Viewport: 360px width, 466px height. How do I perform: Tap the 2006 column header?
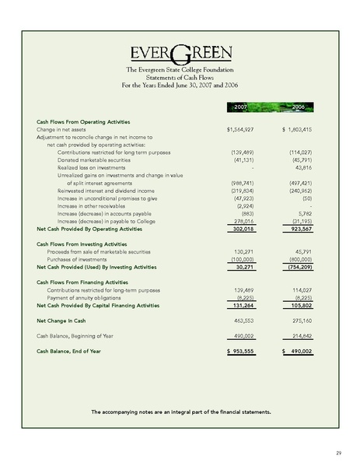pos(298,105)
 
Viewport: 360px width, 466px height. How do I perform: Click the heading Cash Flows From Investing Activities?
pos(82,244)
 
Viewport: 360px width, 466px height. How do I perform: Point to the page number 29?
pos(339,452)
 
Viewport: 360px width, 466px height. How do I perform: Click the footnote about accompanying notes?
pos(180,411)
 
